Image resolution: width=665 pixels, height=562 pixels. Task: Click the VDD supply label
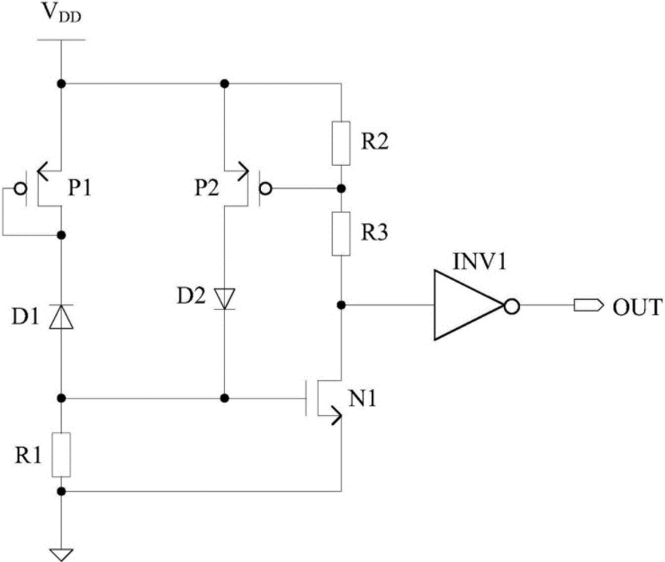pyautogui.click(x=62, y=14)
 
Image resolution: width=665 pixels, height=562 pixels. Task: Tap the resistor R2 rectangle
pyautogui.click(x=341, y=143)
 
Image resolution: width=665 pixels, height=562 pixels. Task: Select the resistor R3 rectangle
pyautogui.click(x=341, y=233)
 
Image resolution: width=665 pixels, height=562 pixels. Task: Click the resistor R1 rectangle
pyautogui.click(x=61, y=455)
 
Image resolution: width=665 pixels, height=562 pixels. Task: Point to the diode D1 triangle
pyautogui.click(x=61, y=317)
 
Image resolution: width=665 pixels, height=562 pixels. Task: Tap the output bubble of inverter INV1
pyautogui.click(x=512, y=305)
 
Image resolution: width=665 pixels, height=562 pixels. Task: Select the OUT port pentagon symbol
pyautogui.click(x=589, y=305)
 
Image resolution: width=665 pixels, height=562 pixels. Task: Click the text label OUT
pyautogui.click(x=637, y=307)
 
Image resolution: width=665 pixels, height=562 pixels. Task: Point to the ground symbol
pyautogui.click(x=61, y=555)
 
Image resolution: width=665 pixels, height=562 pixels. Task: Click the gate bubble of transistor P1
pyautogui.click(x=20, y=188)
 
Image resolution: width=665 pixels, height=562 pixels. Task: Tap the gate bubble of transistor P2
pyautogui.click(x=265, y=188)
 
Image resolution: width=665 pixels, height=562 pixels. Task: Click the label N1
pyautogui.click(x=362, y=399)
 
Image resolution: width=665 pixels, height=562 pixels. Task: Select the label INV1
pyautogui.click(x=480, y=261)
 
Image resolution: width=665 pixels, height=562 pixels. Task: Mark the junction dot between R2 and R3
pyautogui.click(x=341, y=188)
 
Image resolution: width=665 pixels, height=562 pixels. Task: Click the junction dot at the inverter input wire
pyautogui.click(x=341, y=304)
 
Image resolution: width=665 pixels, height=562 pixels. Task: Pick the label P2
pyautogui.click(x=207, y=187)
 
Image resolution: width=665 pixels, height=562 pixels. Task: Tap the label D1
pyautogui.click(x=25, y=316)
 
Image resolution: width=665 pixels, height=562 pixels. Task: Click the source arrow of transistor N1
pyautogui.click(x=334, y=415)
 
